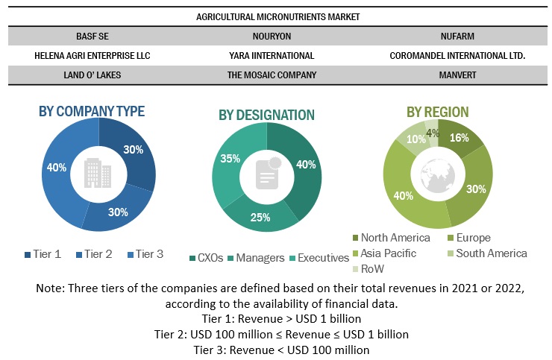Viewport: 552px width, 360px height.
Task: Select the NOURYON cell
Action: [x=272, y=35]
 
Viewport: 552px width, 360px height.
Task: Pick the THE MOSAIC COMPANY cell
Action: [x=272, y=75]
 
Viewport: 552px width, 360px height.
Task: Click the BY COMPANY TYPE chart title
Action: [x=91, y=111]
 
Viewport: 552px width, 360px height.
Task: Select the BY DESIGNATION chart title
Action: [x=266, y=115]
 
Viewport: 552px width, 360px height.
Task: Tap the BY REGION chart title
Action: [x=437, y=112]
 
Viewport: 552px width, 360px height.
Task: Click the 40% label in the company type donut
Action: [x=56, y=168]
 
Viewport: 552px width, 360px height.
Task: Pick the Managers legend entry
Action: [x=255, y=258]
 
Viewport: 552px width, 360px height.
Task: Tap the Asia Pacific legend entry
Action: [x=388, y=253]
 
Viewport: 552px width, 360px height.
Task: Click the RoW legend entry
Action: [x=371, y=268]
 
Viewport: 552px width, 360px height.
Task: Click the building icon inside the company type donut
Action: [x=98, y=174]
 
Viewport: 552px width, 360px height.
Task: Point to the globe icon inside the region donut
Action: [x=437, y=175]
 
